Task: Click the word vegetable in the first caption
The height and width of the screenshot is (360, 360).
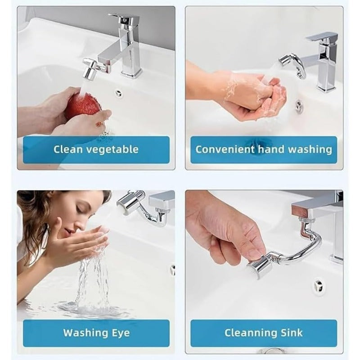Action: click(x=112, y=149)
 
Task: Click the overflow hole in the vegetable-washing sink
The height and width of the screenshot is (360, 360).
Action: click(x=118, y=94)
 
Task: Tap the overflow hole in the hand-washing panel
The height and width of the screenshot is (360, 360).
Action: click(x=299, y=107)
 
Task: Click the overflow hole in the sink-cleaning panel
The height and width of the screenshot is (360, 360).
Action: click(x=319, y=285)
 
